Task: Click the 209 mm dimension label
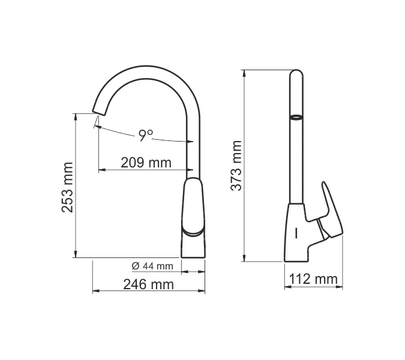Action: [x=146, y=163]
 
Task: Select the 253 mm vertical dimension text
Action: [x=68, y=187]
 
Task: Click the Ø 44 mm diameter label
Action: [x=152, y=266]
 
